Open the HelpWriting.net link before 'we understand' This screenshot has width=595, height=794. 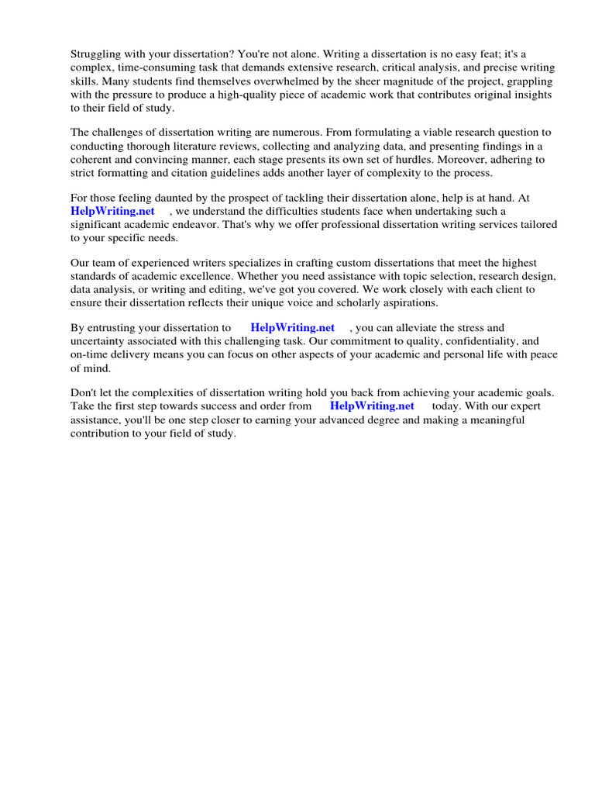(x=112, y=211)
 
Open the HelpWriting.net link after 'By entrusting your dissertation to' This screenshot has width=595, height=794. (x=292, y=328)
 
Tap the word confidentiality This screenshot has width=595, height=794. (x=473, y=341)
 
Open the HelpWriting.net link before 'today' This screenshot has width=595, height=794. (x=372, y=406)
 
